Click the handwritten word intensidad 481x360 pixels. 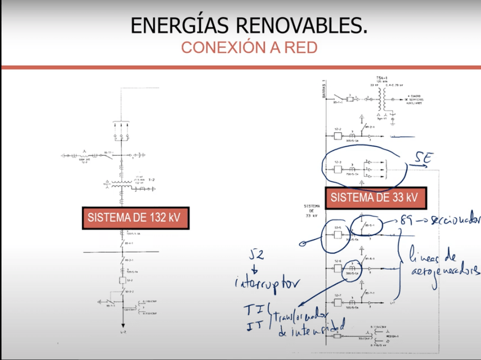click(x=309, y=331)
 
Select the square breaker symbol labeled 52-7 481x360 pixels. click(x=337, y=303)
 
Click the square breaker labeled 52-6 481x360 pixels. click(x=337, y=269)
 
